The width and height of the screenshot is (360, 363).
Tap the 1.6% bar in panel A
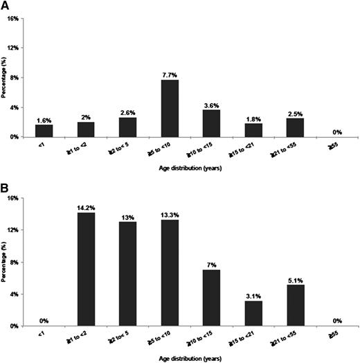(x=45, y=131)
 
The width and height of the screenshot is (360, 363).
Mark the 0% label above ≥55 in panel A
(x=337, y=131)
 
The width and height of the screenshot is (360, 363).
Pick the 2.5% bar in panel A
(x=296, y=127)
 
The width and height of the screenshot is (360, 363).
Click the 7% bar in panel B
(x=213, y=299)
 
